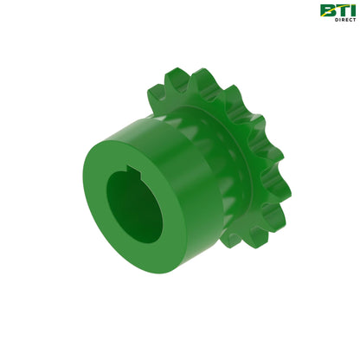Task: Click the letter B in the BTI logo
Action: click(327, 10)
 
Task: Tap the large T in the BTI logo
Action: click(340, 10)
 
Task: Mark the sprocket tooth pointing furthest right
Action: click(285, 186)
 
